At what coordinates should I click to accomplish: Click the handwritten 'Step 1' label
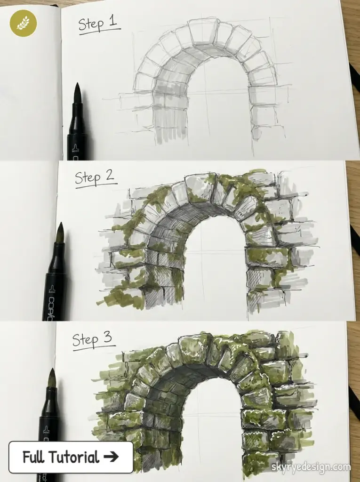pyautogui.click(x=98, y=24)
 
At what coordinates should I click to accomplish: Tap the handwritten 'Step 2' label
pyautogui.click(x=95, y=178)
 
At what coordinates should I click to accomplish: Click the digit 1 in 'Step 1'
pyautogui.click(x=113, y=22)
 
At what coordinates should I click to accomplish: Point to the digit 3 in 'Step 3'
pyautogui.click(x=108, y=338)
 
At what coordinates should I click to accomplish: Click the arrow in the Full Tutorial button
pyautogui.click(x=112, y=457)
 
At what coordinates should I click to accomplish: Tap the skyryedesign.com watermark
pyautogui.click(x=311, y=467)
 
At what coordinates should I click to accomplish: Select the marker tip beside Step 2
pyautogui.click(x=60, y=233)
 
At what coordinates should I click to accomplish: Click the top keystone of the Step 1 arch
pyautogui.click(x=204, y=32)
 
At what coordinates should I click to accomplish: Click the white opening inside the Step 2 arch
pyautogui.click(x=214, y=264)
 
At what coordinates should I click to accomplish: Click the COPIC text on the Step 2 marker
pyautogui.click(x=51, y=302)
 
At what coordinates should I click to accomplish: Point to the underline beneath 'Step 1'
pyautogui.click(x=99, y=32)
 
